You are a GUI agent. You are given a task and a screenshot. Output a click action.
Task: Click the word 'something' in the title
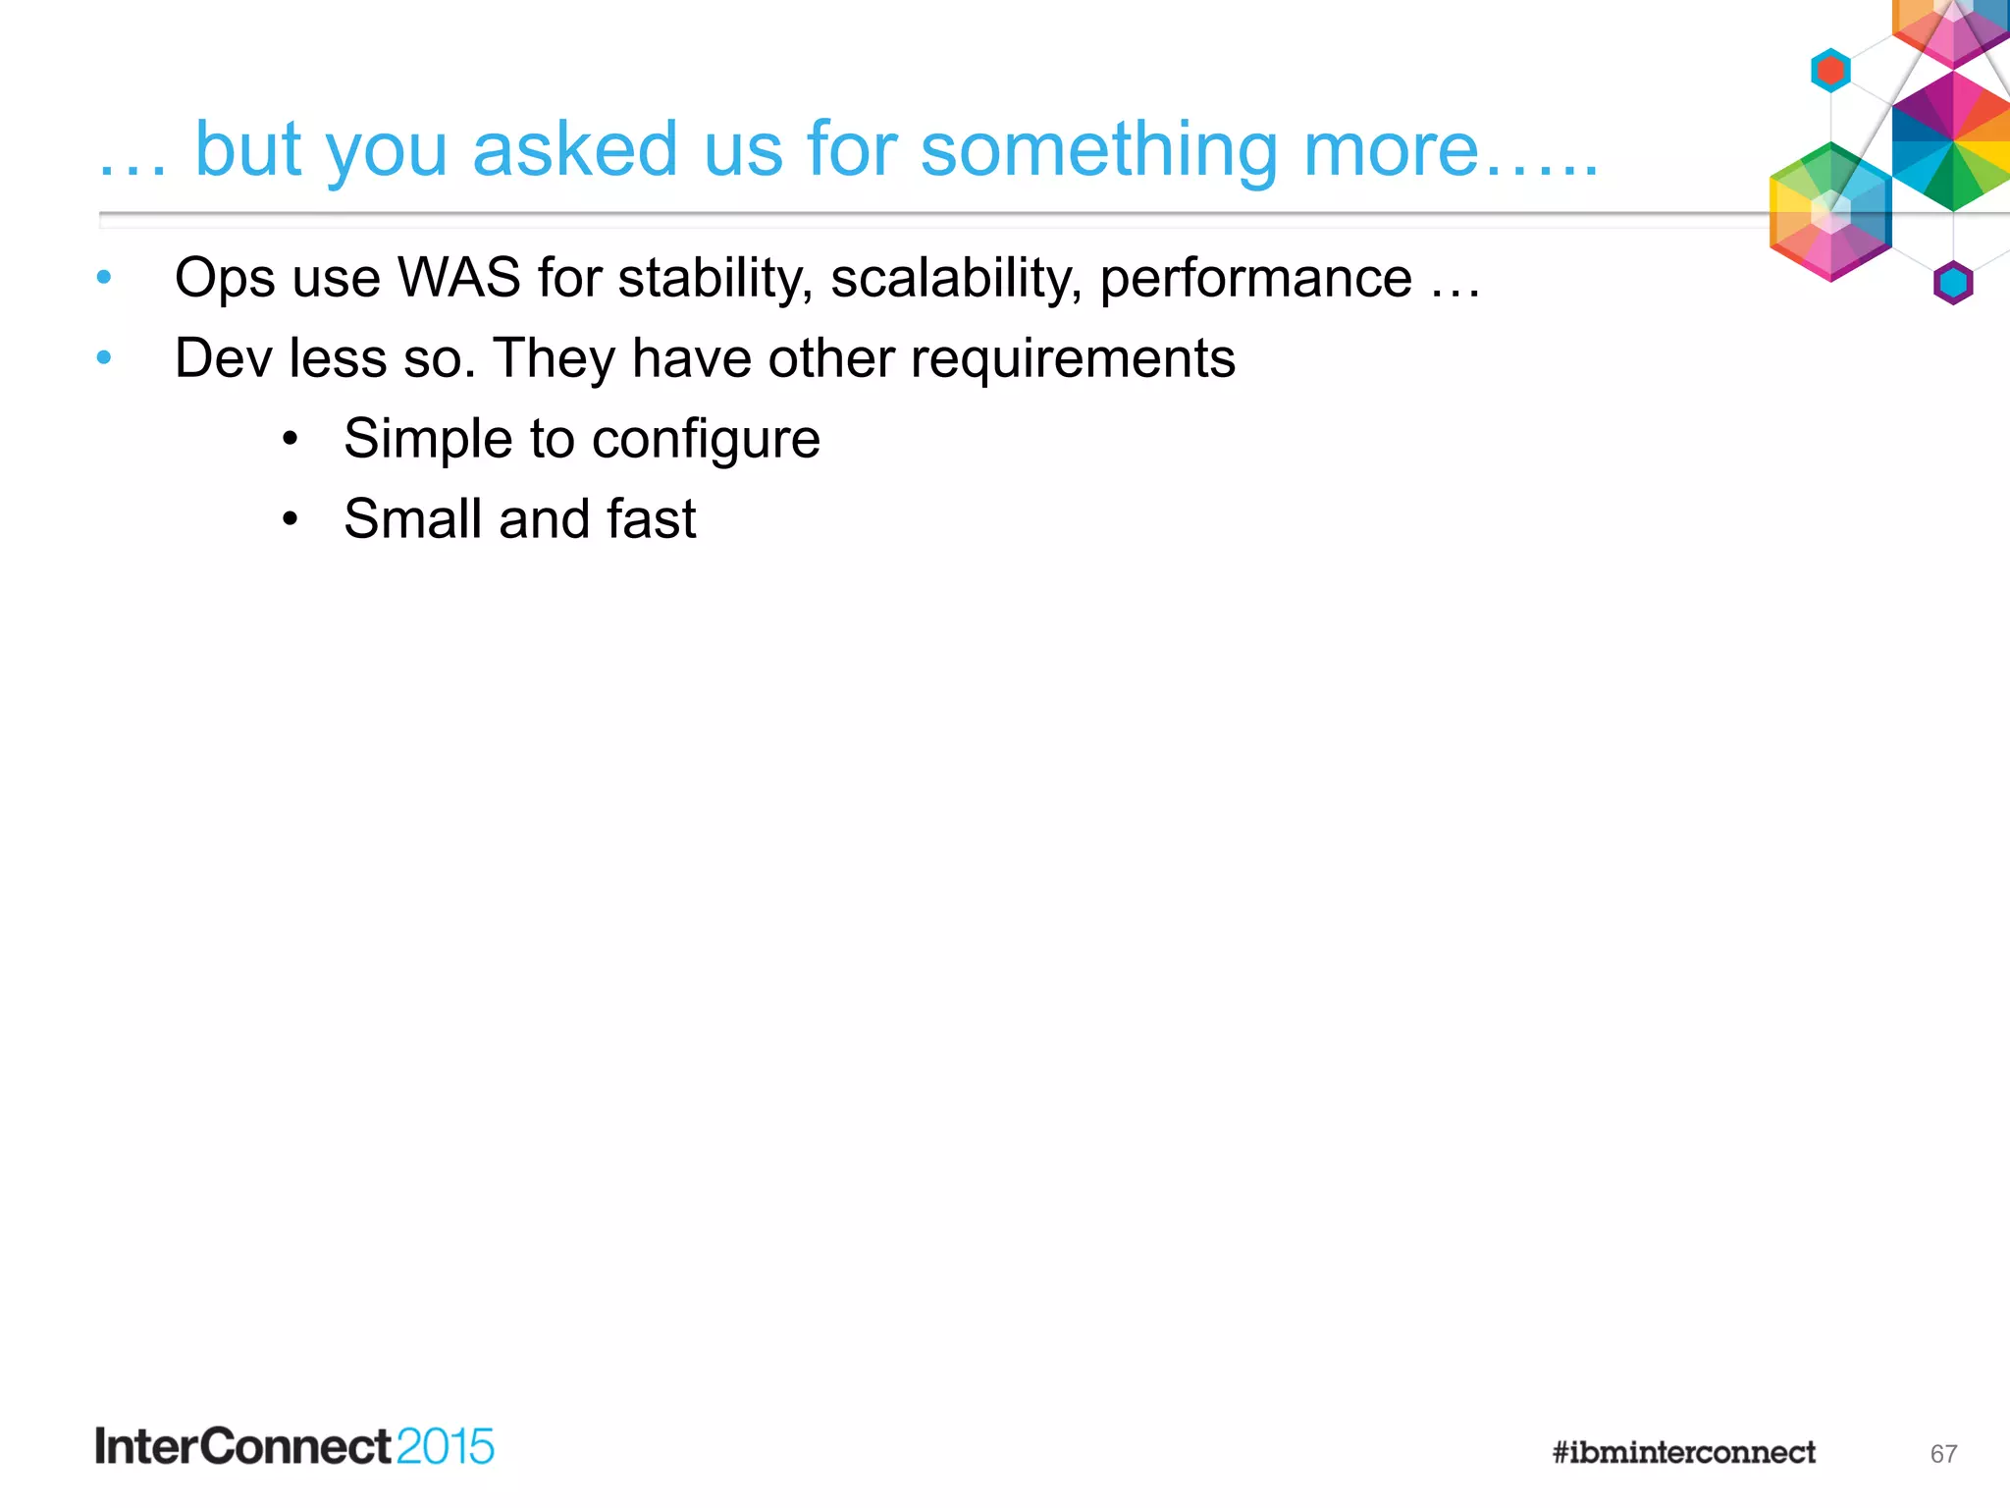[1098, 150]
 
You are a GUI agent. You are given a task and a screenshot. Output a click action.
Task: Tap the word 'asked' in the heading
[574, 150]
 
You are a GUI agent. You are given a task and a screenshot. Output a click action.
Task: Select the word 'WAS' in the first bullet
[458, 278]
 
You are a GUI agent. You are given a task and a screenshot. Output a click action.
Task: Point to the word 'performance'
[1255, 278]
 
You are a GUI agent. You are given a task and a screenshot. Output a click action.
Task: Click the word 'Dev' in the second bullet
[223, 358]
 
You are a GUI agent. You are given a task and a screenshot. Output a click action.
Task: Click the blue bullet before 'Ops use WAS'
[104, 278]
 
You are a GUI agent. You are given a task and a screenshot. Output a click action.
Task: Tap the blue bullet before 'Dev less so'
[104, 358]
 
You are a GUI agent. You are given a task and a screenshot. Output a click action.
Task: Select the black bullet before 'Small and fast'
[290, 519]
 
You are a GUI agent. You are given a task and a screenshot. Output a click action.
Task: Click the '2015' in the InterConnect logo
[445, 1447]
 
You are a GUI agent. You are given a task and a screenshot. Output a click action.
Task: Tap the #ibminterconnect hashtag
[1683, 1452]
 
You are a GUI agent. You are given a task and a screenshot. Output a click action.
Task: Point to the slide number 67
[1943, 1454]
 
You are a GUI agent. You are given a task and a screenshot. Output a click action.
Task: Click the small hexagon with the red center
[1830, 71]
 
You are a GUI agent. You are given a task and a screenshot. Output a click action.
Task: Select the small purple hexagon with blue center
[1953, 284]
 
